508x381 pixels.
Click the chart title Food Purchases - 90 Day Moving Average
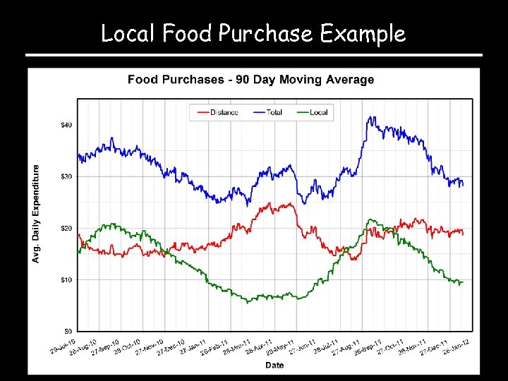[x=250, y=80]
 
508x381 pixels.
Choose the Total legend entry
[x=274, y=112]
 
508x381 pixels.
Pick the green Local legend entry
[x=318, y=112]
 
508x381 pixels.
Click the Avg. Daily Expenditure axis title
[x=37, y=214]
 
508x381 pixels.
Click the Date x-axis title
[x=274, y=365]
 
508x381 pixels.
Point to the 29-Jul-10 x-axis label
[x=63, y=346]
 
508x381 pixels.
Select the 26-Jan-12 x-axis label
[x=456, y=346]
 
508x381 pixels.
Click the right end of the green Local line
[x=463, y=282]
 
